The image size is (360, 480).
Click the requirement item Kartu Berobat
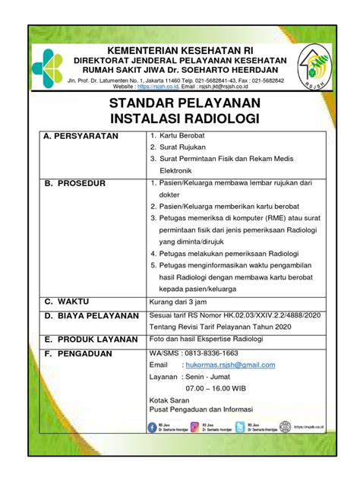[x=182, y=136]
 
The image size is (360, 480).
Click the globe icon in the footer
[x=286, y=428]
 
